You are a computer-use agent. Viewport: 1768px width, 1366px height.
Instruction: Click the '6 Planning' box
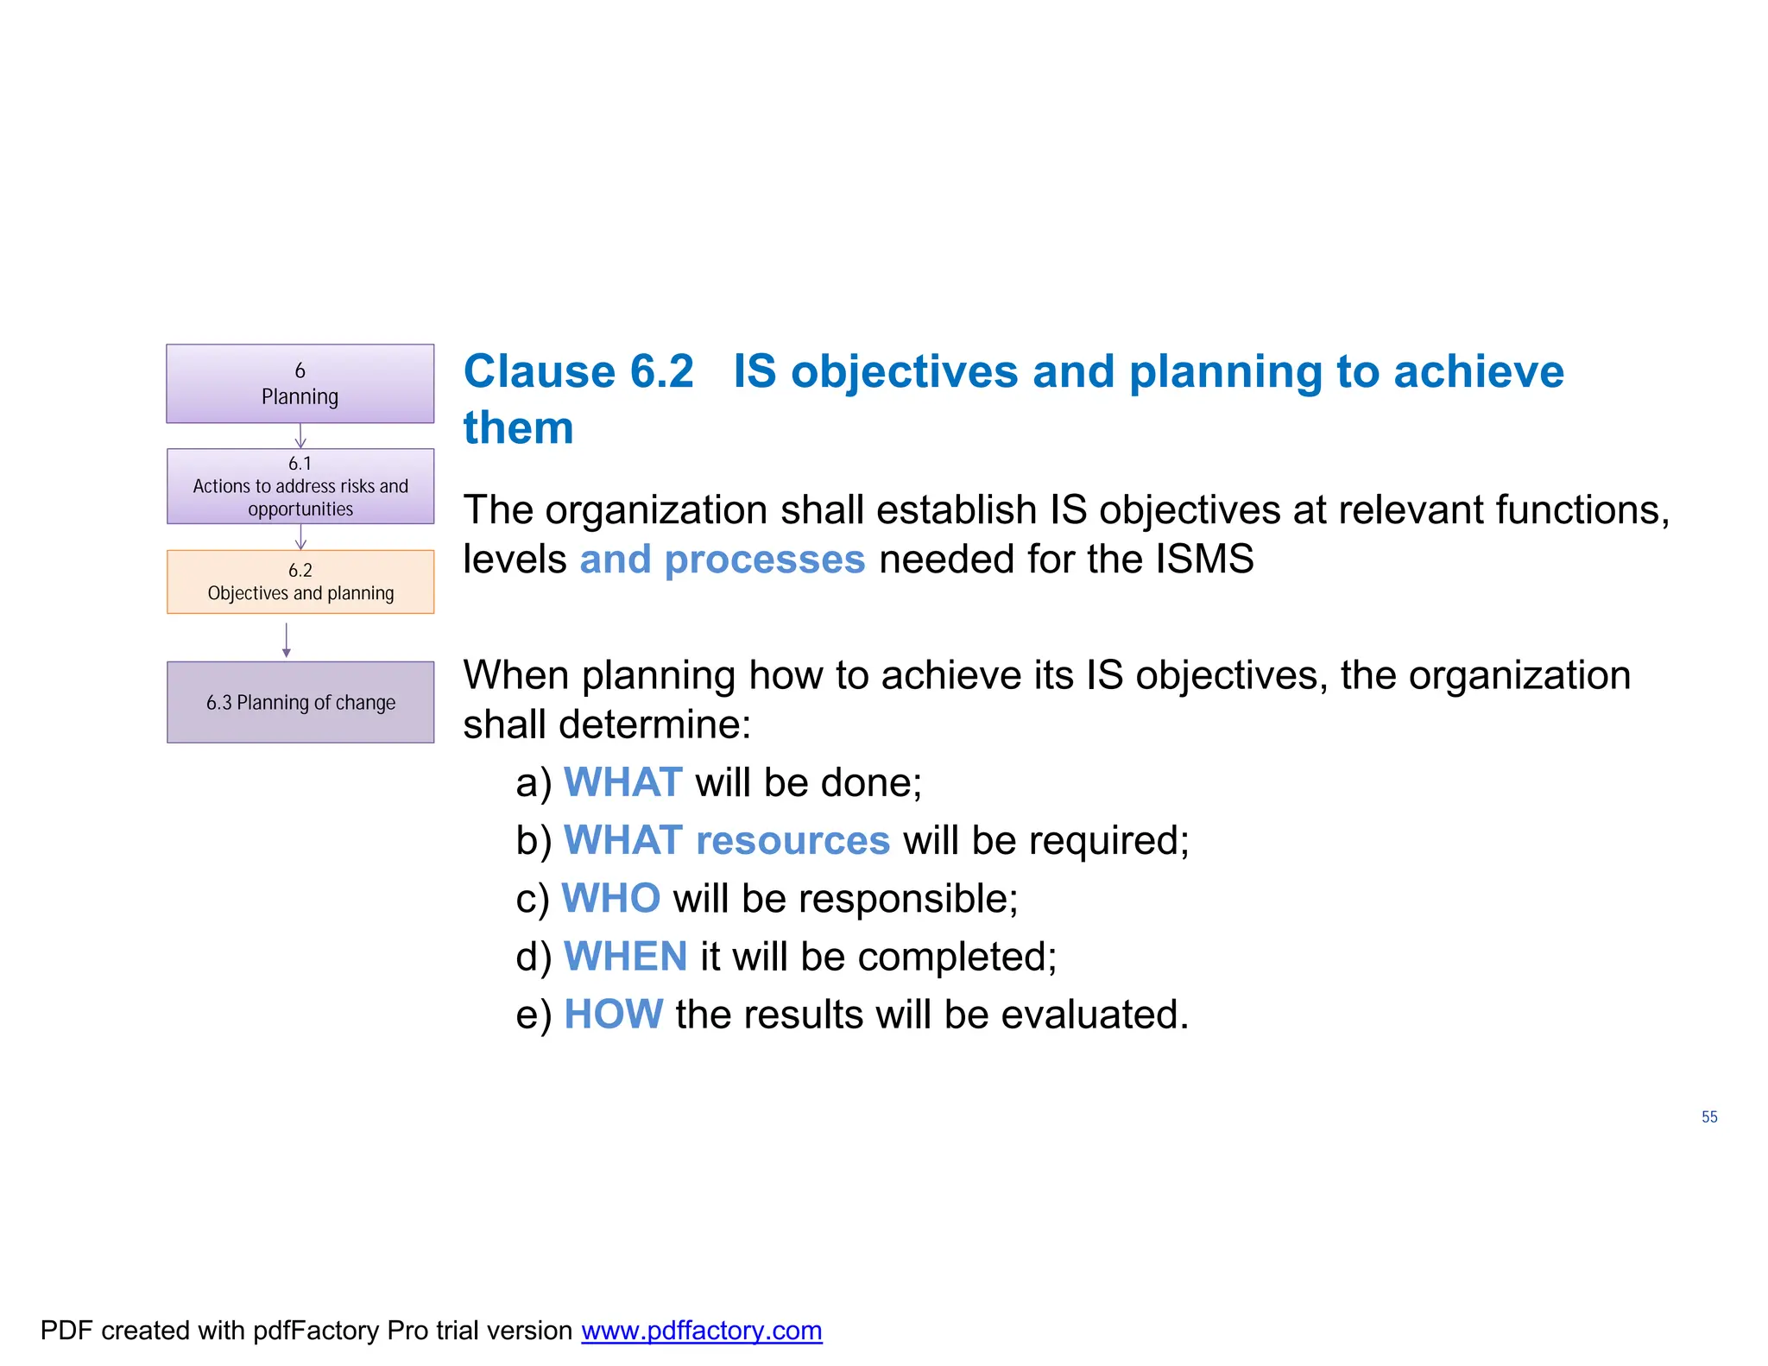[x=300, y=383]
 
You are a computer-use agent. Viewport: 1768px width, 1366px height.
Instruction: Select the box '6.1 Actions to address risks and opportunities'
[x=300, y=486]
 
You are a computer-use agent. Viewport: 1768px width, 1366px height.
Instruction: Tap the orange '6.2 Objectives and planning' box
[x=300, y=582]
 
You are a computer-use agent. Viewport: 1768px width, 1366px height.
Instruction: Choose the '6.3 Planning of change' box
[x=300, y=702]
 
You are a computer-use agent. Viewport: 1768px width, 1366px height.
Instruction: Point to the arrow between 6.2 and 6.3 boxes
[x=287, y=640]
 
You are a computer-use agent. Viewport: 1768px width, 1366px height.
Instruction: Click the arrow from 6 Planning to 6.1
[x=300, y=436]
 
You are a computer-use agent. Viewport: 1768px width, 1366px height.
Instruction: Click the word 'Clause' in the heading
[x=539, y=372]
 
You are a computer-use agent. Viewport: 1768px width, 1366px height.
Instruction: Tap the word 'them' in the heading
[x=518, y=428]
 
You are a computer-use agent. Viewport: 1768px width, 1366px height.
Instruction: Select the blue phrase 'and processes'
[x=722, y=560]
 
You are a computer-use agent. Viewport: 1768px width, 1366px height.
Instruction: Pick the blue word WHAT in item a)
[x=622, y=782]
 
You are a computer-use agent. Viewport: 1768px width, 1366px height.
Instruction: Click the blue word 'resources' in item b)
[x=792, y=840]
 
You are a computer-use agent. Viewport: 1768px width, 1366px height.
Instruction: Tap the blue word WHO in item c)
[x=610, y=898]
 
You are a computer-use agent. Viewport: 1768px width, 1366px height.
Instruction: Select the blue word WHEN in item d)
[x=625, y=957]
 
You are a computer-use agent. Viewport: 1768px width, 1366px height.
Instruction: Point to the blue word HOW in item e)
[x=613, y=1015]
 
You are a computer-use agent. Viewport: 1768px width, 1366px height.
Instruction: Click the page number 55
[x=1708, y=1116]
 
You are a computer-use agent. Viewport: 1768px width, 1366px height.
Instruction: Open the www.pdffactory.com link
[x=701, y=1331]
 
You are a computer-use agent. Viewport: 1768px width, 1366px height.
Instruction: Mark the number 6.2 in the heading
[x=661, y=372]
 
